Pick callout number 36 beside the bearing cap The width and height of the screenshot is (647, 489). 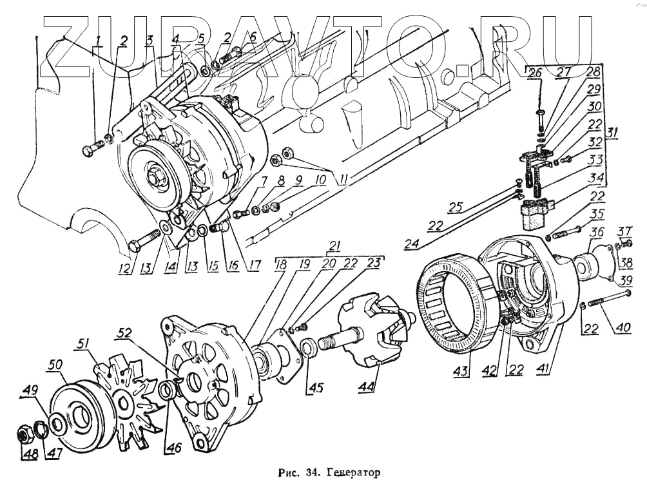tap(597, 233)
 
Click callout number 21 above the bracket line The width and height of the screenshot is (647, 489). tap(333, 245)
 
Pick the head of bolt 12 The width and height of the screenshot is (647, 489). tap(135, 245)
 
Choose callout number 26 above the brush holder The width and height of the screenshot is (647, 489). tap(533, 73)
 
